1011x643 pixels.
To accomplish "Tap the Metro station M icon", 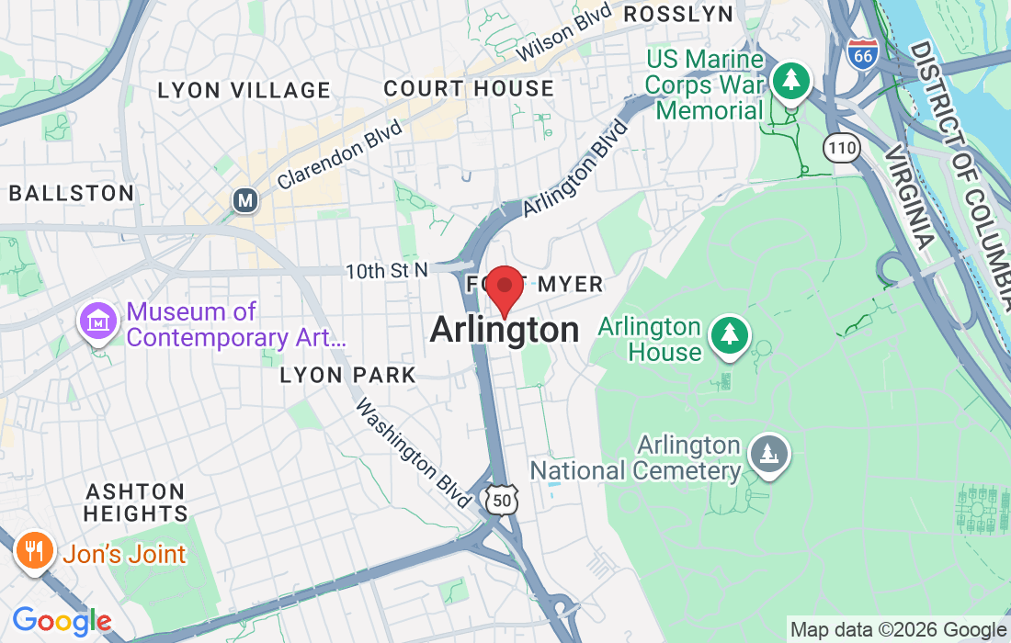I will click(244, 199).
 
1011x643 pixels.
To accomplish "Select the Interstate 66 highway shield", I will click(862, 52).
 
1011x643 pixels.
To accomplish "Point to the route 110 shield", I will click(842, 146).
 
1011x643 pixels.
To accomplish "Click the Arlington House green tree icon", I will click(730, 334).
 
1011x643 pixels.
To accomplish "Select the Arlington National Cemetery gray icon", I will click(767, 453).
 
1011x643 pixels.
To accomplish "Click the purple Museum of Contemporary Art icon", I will click(98, 322).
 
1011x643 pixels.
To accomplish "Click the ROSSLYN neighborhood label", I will click(678, 14).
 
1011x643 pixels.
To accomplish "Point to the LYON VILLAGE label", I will click(244, 90).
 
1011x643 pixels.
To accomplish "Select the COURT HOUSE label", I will click(469, 89).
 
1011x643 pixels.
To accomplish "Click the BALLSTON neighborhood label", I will click(71, 193).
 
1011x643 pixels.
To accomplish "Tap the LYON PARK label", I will click(348, 375).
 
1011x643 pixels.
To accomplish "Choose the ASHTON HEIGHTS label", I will click(135, 502).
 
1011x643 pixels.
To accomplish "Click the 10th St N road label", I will click(387, 270).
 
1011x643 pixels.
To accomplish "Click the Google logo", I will click(61, 622).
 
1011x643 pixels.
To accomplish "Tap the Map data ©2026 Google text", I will click(898, 630).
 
